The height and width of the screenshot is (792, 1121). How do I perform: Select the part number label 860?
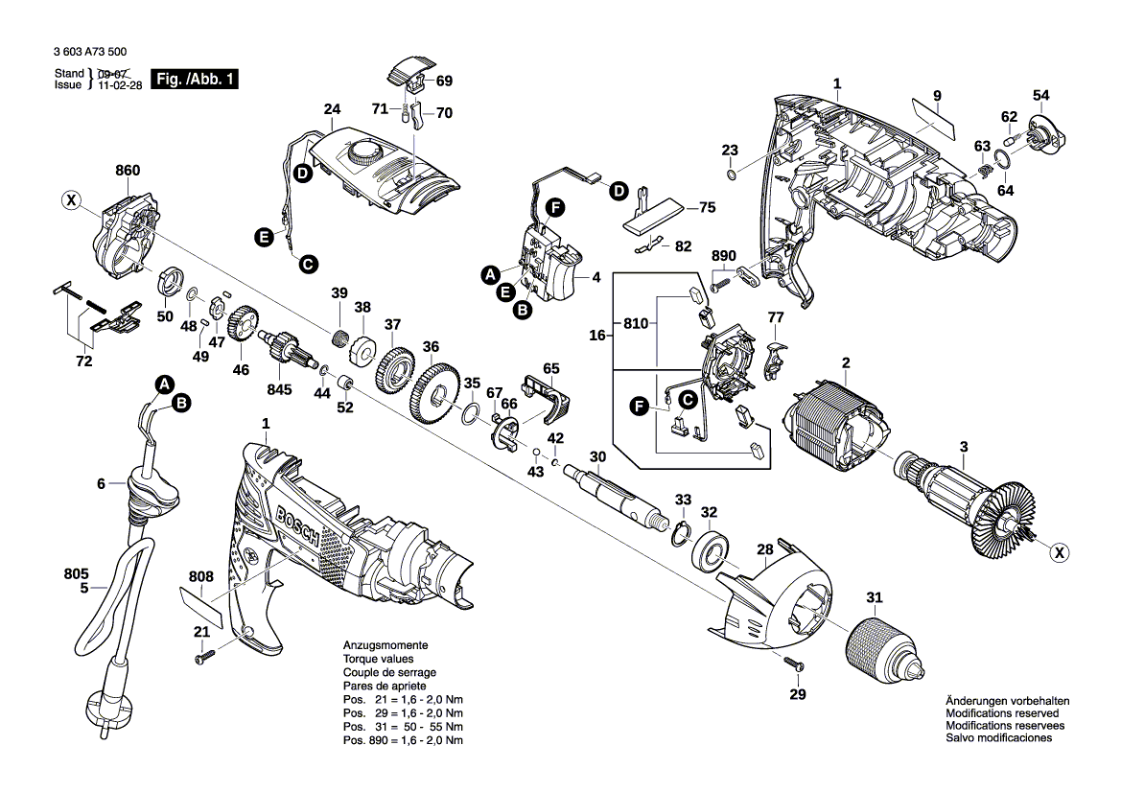pos(128,171)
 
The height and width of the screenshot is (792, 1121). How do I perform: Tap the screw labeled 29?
pos(792,663)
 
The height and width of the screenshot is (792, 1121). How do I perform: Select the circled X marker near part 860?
pos(70,200)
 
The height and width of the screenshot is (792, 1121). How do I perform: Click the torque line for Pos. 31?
pos(404,728)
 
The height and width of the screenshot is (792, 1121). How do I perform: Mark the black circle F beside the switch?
pos(553,206)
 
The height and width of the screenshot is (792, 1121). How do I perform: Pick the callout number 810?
pos(635,323)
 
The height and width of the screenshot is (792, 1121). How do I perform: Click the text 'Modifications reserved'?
pos(1002,713)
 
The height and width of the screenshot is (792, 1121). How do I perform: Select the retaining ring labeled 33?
pos(683,533)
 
